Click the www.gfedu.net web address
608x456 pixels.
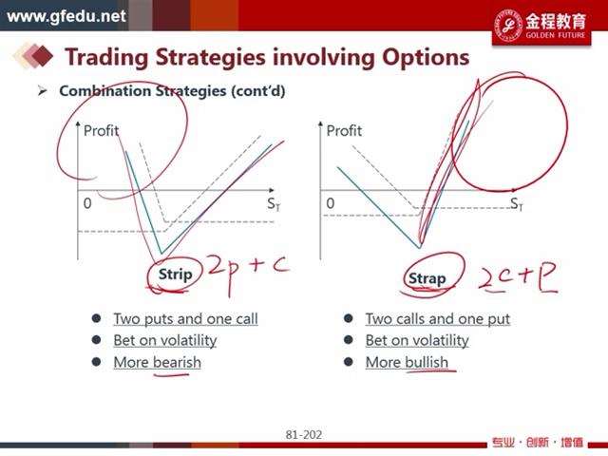66,17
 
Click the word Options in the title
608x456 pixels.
426,57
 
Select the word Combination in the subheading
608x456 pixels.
104,91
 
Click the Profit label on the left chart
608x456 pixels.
102,131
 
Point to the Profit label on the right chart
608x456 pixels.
344,131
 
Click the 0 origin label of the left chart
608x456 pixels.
87,203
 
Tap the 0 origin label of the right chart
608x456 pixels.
331,203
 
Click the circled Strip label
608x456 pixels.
175,275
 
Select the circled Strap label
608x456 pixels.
427,278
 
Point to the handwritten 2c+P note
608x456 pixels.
518,277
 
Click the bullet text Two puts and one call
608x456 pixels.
186,319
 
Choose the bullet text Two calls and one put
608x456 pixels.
438,319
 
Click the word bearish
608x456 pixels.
178,362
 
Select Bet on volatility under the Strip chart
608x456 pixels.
165,340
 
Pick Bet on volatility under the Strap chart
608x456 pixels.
417,340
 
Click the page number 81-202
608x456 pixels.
304,435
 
